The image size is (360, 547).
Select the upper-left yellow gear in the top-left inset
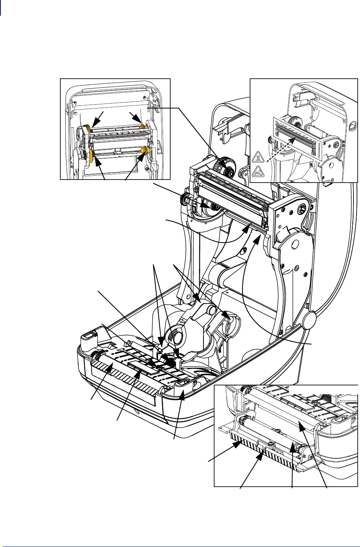[87, 129]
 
